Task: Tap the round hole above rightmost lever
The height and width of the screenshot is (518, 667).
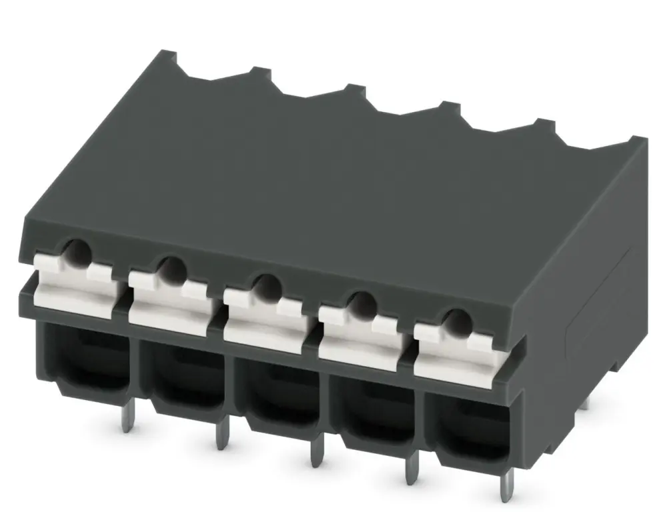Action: click(x=457, y=321)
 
